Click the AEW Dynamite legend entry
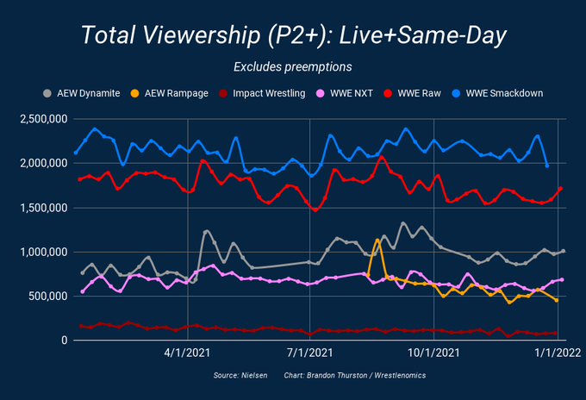point(82,93)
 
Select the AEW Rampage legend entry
point(170,93)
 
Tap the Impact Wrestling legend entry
point(262,93)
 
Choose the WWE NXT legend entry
point(345,93)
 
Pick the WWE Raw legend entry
point(412,93)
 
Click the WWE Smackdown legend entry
point(497,93)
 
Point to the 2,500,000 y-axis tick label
point(44,119)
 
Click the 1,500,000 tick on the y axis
point(44,208)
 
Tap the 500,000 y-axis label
point(48,296)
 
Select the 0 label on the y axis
point(65,341)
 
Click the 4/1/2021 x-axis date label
point(187,353)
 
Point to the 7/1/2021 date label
point(309,353)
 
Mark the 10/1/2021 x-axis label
point(433,353)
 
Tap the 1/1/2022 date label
point(558,353)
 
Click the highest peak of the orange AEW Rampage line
point(377,240)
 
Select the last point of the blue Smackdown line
point(547,166)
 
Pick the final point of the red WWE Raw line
point(560,189)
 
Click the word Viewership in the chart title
point(202,35)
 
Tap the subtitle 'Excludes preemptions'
point(293,67)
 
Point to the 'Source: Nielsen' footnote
point(240,375)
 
